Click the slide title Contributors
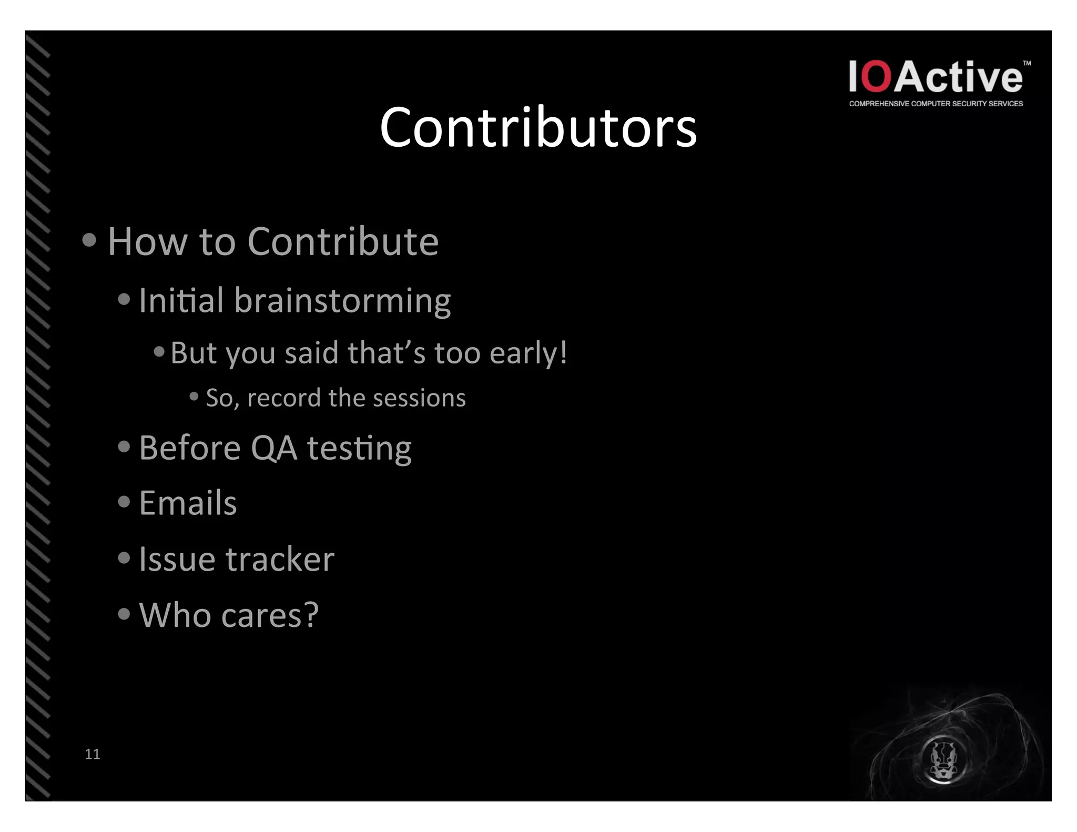point(538,128)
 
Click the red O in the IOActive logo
point(877,77)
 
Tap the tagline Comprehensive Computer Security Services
point(936,104)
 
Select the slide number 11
point(92,754)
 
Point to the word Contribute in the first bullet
point(343,242)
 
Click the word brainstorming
point(342,301)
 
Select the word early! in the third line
point(528,353)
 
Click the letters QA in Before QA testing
point(274,449)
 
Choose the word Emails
point(188,503)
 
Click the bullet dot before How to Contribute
point(89,240)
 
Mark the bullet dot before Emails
point(124,502)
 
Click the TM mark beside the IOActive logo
point(1027,63)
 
